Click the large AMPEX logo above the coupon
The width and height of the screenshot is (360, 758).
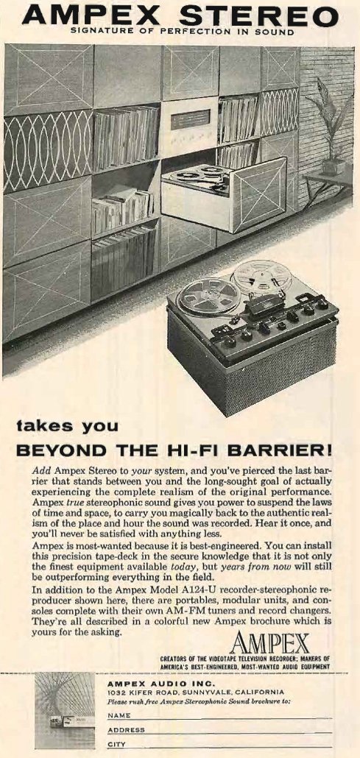[269, 643]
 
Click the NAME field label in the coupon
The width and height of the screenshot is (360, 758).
[119, 715]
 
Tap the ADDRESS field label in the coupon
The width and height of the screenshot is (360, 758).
[125, 730]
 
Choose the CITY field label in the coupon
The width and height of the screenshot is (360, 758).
[116, 745]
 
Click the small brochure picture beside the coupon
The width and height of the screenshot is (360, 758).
[65, 710]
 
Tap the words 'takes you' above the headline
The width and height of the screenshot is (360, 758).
[67, 427]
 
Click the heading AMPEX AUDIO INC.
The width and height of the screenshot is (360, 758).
[160, 684]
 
